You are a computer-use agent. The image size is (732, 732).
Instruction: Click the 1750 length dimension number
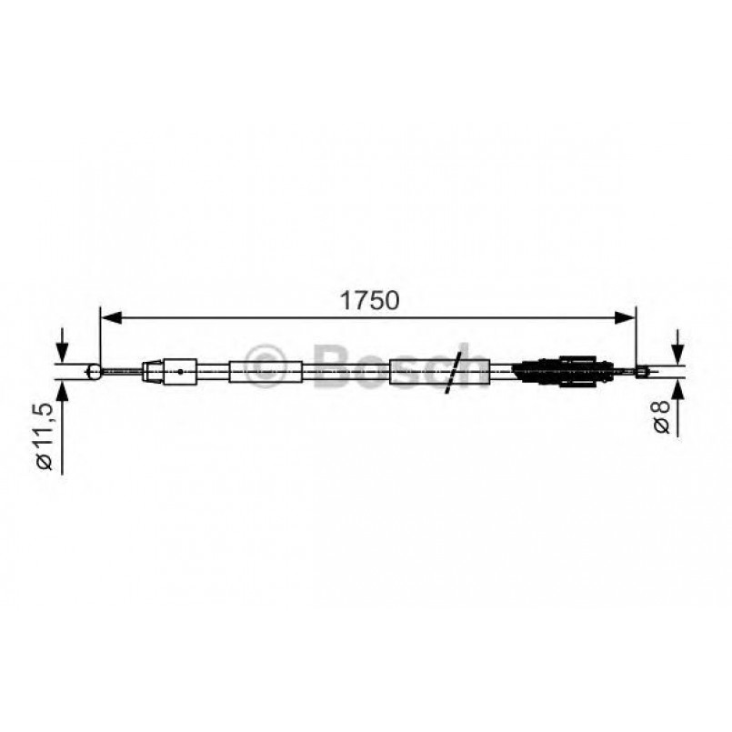[368, 301]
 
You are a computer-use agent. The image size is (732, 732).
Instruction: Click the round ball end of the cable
[94, 370]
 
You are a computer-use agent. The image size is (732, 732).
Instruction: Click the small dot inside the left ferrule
[182, 370]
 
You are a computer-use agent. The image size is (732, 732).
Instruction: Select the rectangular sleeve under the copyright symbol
[266, 371]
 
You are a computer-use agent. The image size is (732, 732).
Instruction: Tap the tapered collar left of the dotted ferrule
[155, 370]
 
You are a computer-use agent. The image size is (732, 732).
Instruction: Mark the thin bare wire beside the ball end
[123, 370]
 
